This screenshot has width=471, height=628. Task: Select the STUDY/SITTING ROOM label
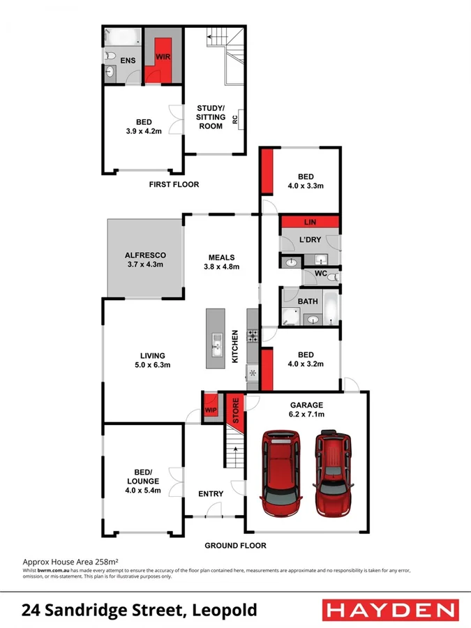pos(210,117)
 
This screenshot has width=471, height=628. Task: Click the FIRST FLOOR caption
pos(174,185)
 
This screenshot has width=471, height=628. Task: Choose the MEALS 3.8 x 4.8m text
pos(221,262)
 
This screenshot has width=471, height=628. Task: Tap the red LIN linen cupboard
pos(310,222)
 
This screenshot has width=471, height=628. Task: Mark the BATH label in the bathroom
pos(308,301)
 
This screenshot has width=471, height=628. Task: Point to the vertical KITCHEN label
pos(235,346)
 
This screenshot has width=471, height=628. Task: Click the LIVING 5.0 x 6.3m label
pos(151,360)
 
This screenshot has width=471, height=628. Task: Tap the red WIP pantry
pos(210,409)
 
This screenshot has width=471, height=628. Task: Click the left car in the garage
pos(282,472)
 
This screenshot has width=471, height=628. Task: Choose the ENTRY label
pos(211,494)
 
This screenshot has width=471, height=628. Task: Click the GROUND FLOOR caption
pos(235,546)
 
